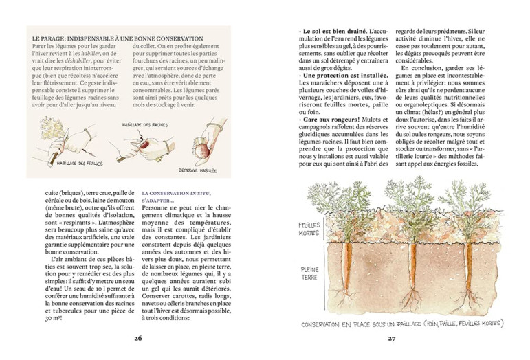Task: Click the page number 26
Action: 137,337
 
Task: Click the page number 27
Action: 392,337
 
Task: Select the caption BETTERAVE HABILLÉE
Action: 197,169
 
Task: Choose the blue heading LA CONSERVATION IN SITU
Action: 175,194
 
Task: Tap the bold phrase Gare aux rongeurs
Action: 331,120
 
